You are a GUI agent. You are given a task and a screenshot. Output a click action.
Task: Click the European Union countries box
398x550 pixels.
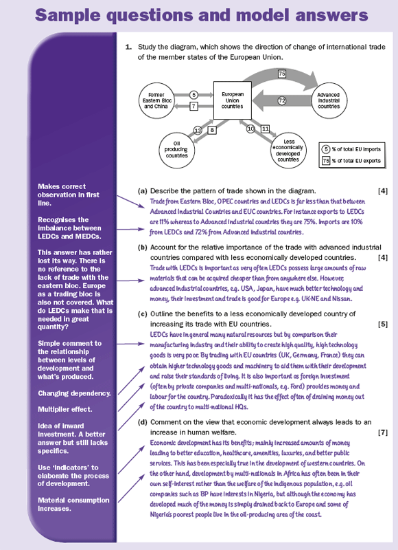point(233,100)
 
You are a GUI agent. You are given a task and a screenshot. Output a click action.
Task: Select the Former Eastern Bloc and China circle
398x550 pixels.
point(156,100)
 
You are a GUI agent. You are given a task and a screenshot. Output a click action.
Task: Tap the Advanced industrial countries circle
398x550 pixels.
point(328,100)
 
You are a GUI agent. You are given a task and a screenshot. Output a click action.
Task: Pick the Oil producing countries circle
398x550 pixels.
point(176,150)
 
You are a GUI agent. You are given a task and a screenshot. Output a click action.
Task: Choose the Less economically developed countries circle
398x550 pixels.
point(288,151)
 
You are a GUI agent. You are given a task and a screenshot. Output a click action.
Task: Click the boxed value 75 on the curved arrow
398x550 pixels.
point(282,74)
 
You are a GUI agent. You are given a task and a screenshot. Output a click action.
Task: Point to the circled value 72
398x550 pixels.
point(282,100)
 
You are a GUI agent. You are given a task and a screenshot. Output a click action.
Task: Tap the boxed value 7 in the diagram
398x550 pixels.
point(194,106)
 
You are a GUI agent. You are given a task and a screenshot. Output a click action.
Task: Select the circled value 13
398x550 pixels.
point(198,131)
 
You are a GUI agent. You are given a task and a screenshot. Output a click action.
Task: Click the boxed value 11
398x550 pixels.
point(266,129)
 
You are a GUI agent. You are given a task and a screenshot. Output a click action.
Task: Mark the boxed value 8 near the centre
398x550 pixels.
point(212,130)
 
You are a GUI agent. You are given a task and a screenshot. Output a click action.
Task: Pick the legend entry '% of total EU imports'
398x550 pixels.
point(351,149)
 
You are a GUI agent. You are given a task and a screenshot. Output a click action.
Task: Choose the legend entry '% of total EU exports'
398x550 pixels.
point(351,161)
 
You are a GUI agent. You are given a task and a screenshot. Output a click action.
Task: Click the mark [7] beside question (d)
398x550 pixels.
point(383,432)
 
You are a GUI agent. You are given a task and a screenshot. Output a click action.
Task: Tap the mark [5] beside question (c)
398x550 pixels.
point(383,324)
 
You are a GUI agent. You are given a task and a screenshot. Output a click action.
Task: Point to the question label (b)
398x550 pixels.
point(143,247)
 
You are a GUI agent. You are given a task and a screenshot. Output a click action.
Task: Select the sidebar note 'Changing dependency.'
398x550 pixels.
point(74,393)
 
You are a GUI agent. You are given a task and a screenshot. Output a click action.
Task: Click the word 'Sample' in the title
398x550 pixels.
point(73,15)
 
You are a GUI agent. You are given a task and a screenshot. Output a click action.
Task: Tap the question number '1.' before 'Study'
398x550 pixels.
point(129,47)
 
